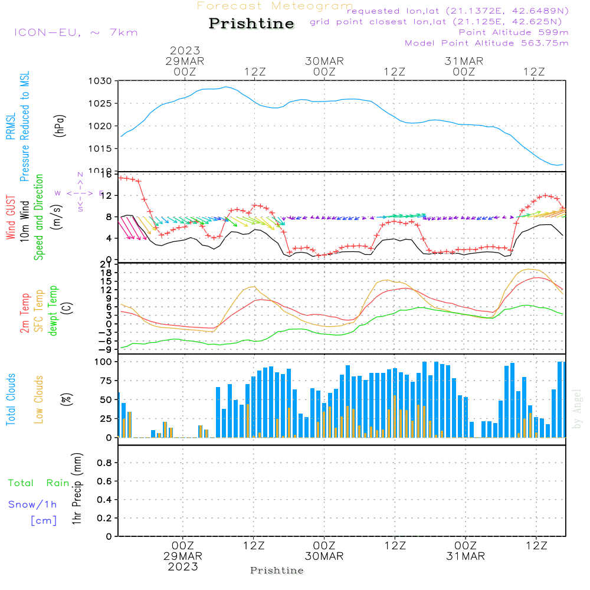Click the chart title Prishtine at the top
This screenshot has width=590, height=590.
251,24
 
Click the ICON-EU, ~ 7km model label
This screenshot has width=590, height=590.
76,32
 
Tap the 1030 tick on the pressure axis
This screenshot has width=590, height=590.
100,81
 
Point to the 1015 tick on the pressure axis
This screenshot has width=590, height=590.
100,148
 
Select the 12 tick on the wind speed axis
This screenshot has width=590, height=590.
106,196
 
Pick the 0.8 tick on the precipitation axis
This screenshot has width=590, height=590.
104,463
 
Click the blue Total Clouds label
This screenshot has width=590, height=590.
11,399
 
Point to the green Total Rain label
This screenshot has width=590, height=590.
38,483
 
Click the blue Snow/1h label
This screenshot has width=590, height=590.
32,504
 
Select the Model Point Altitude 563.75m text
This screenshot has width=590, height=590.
487,43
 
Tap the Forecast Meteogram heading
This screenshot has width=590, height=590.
275,6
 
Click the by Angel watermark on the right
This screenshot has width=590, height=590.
578,408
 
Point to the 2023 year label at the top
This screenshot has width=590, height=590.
185,51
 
